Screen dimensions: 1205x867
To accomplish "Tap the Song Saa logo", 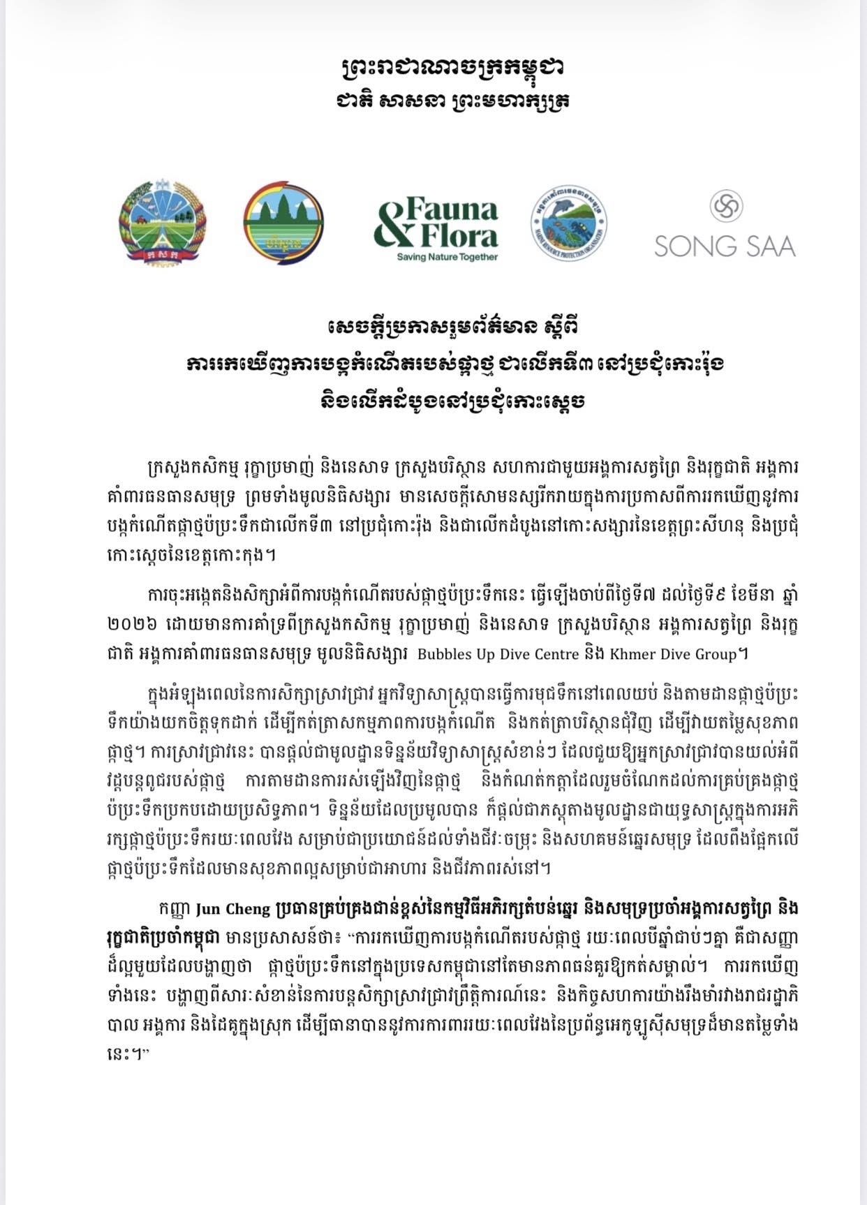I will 725,226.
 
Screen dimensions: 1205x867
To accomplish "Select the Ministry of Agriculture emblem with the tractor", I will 162,219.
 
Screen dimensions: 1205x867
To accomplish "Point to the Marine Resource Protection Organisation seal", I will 568,223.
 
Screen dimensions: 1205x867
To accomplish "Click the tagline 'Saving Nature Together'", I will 447,257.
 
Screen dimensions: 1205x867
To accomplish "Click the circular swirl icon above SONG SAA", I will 726,207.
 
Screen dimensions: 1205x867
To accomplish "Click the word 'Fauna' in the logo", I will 452,209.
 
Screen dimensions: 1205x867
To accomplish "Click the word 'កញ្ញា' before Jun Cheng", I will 175,909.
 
